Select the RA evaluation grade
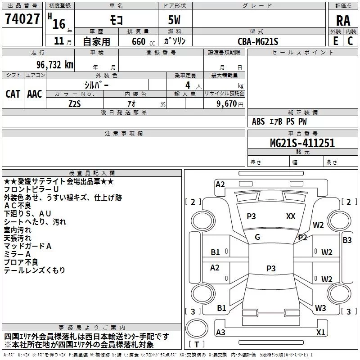click(x=343, y=20)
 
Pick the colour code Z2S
click(x=75, y=103)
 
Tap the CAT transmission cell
click(x=13, y=94)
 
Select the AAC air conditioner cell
click(x=35, y=94)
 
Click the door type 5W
click(x=175, y=20)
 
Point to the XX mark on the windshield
click(x=291, y=216)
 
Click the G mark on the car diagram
click(x=257, y=237)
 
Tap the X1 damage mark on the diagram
click(x=320, y=333)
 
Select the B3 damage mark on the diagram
click(x=347, y=240)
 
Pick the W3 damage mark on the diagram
click(x=320, y=308)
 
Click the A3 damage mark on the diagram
click(x=220, y=333)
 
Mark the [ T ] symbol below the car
click(x=197, y=345)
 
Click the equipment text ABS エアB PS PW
click(x=279, y=121)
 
